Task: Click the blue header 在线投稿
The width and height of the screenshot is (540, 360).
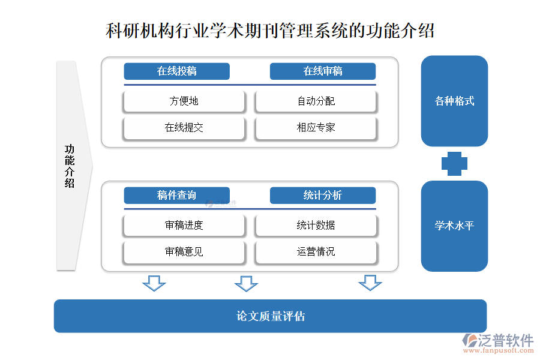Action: (x=177, y=71)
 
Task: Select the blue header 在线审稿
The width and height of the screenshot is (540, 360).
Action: (x=323, y=71)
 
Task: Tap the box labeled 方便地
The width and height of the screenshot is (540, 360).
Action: (x=184, y=101)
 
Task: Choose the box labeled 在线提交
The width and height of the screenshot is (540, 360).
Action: (x=184, y=128)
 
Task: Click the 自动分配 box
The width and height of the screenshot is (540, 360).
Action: (x=316, y=101)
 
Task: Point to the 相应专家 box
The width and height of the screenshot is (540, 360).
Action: (x=316, y=128)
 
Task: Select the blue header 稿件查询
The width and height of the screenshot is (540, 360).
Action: (x=177, y=196)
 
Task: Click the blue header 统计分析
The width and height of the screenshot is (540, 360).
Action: (x=323, y=196)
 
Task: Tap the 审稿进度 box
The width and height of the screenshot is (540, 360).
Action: (x=184, y=226)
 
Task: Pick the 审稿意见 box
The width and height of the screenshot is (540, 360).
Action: (x=184, y=252)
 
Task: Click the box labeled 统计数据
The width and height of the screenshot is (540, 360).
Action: (x=316, y=226)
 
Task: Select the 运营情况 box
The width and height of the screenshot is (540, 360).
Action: (x=316, y=252)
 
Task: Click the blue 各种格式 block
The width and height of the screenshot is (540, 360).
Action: (x=454, y=101)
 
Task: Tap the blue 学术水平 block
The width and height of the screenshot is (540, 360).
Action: (x=454, y=226)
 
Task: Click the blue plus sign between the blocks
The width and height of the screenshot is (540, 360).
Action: (x=454, y=164)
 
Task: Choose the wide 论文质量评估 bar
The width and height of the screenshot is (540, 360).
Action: (x=270, y=316)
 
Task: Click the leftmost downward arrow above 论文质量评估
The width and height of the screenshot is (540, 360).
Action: (x=154, y=283)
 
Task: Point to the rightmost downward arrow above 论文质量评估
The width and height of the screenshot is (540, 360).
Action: (x=370, y=283)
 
